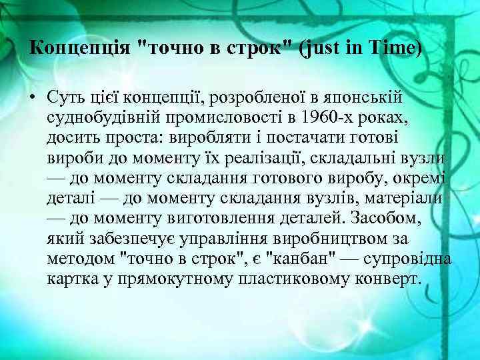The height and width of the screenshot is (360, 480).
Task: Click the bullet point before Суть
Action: tap(32, 98)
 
